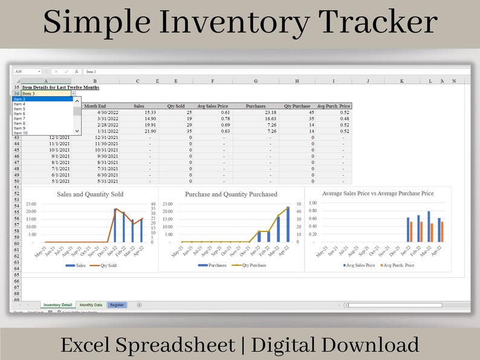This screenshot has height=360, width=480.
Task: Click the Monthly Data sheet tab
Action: (x=91, y=305)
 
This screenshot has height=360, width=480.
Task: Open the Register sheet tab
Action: (x=117, y=305)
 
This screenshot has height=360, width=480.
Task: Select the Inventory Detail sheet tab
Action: (x=58, y=305)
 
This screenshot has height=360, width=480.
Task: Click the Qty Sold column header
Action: (x=176, y=106)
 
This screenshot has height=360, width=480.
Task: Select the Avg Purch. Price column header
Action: (x=332, y=106)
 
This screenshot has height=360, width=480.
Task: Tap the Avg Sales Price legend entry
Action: (x=360, y=265)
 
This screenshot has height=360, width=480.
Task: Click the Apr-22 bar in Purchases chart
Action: (x=288, y=225)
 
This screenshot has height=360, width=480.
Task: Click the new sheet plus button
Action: (x=139, y=305)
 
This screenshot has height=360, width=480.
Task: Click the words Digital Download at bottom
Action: (x=335, y=345)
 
